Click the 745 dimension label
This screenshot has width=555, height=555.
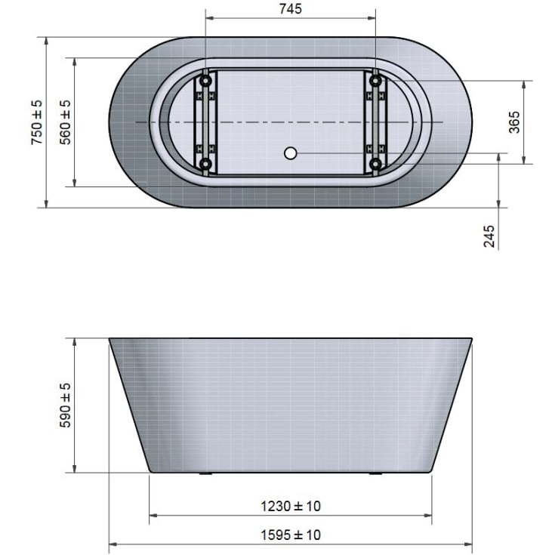tap(290, 9)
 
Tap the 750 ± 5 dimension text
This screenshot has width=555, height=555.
tap(37, 122)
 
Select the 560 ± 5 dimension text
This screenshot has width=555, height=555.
tap(66, 122)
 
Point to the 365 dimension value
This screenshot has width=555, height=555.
tap(514, 122)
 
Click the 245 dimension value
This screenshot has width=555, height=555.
tap(489, 236)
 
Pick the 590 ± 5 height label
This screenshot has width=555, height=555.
tap(66, 405)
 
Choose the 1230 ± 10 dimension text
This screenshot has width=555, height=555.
tap(291, 506)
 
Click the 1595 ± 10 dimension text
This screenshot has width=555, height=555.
tap(291, 535)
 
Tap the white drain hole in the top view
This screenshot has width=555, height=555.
tap(290, 153)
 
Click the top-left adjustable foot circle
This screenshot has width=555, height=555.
tap(205, 81)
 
